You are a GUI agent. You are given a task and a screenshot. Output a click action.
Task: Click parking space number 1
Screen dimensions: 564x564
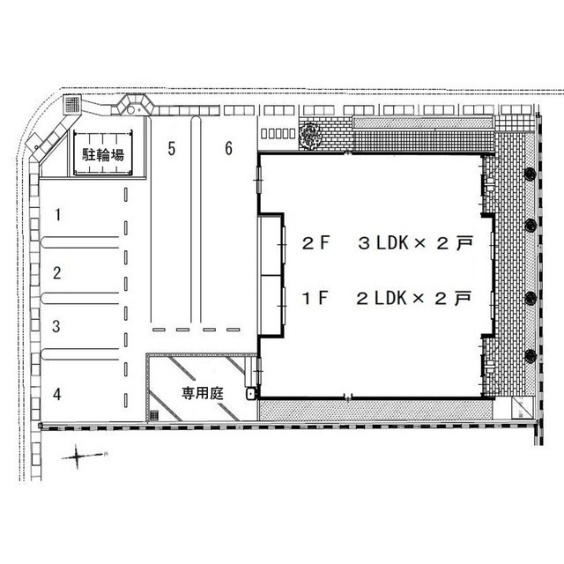point(57,214)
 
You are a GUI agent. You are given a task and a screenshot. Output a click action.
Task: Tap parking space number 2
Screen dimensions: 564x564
point(56,273)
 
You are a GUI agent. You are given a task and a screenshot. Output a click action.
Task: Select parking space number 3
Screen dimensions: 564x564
point(56,326)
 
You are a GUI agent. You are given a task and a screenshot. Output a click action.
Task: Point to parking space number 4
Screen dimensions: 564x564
point(56,394)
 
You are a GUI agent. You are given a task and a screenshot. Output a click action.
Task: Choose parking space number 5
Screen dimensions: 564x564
point(172,149)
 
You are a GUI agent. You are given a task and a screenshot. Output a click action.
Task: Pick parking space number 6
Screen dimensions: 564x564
point(229,148)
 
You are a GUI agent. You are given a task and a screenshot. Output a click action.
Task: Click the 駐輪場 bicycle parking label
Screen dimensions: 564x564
point(103,155)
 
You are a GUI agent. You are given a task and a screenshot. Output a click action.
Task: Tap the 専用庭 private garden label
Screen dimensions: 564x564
point(203,393)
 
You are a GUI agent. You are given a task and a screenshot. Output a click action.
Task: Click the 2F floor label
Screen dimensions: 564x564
point(315,243)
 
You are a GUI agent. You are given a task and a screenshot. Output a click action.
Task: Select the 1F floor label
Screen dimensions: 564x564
point(315,298)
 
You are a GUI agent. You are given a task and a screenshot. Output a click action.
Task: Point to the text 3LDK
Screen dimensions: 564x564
point(383,243)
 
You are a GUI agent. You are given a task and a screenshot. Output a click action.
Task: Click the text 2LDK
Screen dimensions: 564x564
point(382,298)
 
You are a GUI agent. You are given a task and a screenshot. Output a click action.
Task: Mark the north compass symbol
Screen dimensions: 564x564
point(78,456)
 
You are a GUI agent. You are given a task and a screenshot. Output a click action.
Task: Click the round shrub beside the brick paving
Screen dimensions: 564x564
point(310,136)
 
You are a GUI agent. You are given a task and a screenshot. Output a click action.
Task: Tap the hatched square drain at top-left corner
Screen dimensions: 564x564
point(72,104)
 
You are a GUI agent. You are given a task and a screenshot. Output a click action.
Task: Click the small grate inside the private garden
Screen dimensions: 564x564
point(154,415)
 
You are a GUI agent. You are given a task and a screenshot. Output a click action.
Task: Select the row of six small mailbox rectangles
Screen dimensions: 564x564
point(278,133)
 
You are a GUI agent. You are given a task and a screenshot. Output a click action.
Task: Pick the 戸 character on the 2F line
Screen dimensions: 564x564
point(464,243)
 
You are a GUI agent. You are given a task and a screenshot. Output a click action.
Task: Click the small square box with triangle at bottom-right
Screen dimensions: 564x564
point(522,407)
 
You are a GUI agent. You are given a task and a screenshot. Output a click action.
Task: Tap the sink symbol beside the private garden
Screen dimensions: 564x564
point(251,394)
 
